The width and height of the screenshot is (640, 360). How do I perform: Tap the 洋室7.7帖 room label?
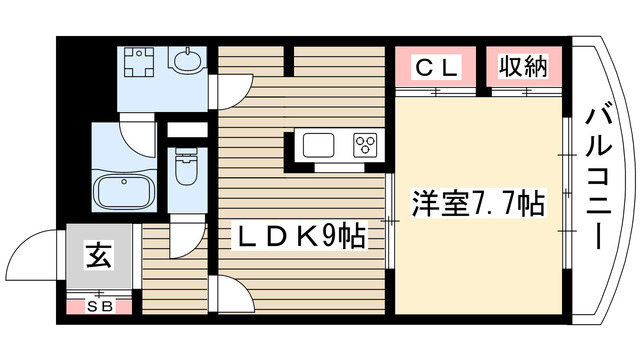tap(479, 205)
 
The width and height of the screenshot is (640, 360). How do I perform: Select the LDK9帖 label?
tap(297, 239)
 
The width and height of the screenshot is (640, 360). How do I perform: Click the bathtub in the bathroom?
tap(121, 190)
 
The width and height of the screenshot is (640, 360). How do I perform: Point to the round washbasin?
tap(186, 63)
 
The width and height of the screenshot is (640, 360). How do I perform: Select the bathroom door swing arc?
tap(134, 139)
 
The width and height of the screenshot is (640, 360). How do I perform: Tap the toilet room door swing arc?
tap(184, 240)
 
